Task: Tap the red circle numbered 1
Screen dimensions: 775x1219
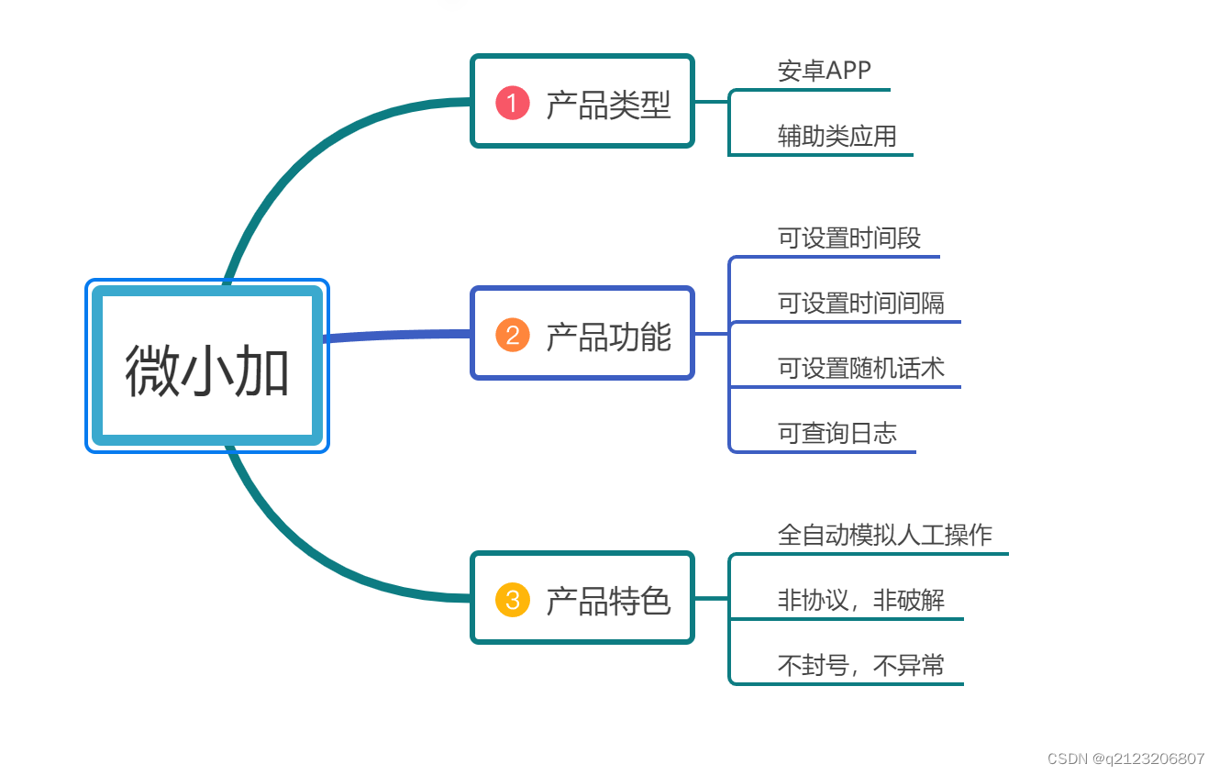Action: [x=513, y=102]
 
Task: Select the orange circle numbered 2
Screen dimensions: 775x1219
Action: [x=513, y=335]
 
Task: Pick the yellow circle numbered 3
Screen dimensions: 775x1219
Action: [x=513, y=600]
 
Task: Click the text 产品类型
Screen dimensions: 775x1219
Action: [x=608, y=104]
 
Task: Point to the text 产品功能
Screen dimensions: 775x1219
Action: [x=608, y=336]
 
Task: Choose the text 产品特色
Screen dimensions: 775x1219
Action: [x=608, y=601]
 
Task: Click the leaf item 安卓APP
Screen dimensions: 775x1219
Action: [x=824, y=71]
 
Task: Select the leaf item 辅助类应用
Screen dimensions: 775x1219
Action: [x=837, y=137]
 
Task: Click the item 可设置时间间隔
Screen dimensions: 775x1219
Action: [x=860, y=303]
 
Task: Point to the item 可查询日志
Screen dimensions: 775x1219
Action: [x=837, y=433]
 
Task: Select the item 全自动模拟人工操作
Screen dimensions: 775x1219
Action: [x=884, y=535]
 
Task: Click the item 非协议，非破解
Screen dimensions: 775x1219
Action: [x=860, y=601]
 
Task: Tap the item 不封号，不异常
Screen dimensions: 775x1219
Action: [x=860, y=666]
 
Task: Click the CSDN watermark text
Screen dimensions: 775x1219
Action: [x=1125, y=758]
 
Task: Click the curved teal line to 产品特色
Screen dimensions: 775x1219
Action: [x=303, y=550]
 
